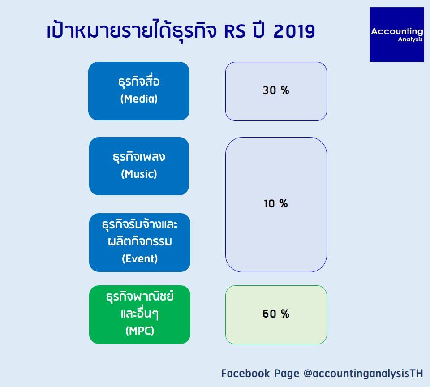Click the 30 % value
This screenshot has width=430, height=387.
[276, 90]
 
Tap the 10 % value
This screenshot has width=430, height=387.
[276, 203]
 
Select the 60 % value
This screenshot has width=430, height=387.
[276, 314]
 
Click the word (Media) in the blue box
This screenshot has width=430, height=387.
[139, 99]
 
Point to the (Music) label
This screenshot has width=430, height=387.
[139, 174]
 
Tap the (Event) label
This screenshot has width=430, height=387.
[140, 258]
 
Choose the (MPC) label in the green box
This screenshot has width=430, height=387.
[140, 331]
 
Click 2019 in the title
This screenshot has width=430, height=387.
[294, 31]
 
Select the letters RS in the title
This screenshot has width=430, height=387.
[235, 31]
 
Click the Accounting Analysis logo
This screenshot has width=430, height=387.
[396, 34]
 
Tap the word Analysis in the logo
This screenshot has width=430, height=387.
[410, 39]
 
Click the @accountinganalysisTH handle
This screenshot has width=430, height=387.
[363, 374]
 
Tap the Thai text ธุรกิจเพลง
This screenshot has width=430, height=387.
[139, 157]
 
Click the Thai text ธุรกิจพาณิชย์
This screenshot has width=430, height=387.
[140, 296]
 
